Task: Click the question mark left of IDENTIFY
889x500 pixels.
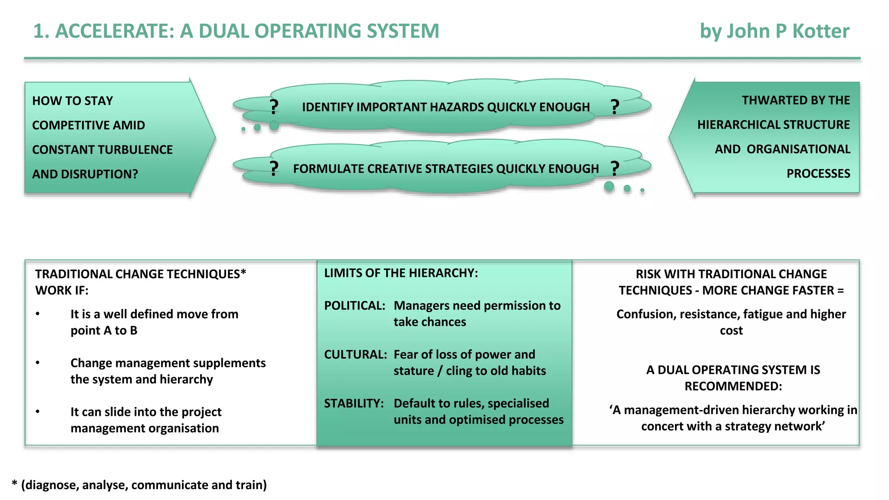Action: pyautogui.click(x=273, y=107)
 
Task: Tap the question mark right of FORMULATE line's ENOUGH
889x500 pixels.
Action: pyautogui.click(x=615, y=168)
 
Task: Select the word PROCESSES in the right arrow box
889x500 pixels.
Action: pyautogui.click(x=818, y=174)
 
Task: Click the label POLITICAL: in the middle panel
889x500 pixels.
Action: pyautogui.click(x=355, y=306)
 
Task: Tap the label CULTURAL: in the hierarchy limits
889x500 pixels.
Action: pyautogui.click(x=356, y=355)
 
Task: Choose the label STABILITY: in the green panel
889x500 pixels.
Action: pyautogui.click(x=354, y=403)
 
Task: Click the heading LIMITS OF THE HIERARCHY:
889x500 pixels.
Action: pyautogui.click(x=401, y=273)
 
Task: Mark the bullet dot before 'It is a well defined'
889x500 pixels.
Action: pyautogui.click(x=38, y=314)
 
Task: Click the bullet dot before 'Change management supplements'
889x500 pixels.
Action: pyautogui.click(x=38, y=362)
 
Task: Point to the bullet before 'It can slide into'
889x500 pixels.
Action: pyautogui.click(x=38, y=411)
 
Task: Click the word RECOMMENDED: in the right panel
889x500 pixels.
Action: pyautogui.click(x=733, y=386)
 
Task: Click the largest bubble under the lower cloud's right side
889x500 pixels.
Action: pyautogui.click(x=609, y=186)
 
